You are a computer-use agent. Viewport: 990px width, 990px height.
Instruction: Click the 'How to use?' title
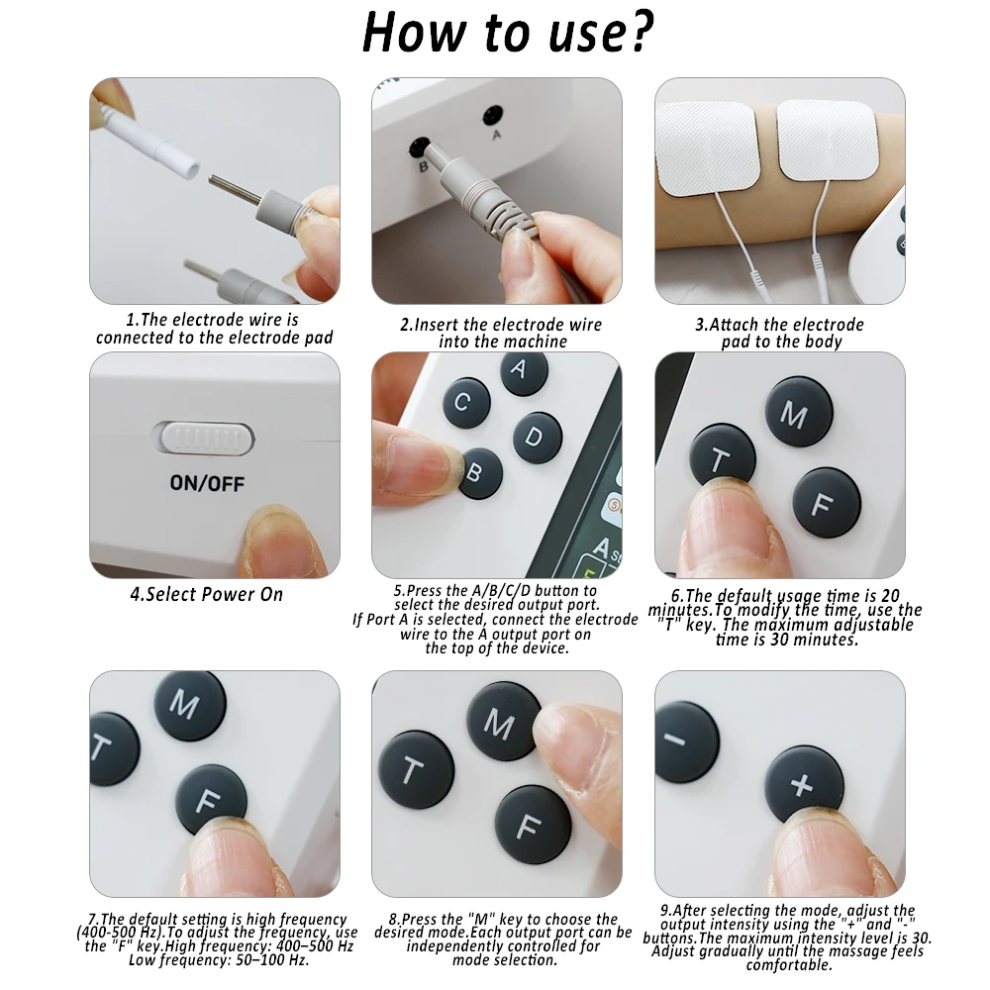point(508,34)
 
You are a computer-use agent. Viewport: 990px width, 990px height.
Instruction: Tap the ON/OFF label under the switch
point(207,484)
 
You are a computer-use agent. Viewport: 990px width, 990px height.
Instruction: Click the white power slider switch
point(203,438)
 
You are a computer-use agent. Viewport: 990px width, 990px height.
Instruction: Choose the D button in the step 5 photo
point(537,437)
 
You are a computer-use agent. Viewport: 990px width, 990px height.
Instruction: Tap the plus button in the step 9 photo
point(804,784)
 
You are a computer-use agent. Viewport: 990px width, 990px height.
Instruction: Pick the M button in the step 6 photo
point(798,412)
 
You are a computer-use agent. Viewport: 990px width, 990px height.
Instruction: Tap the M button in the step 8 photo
point(501,723)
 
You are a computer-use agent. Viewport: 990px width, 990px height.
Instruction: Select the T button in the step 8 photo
point(415,770)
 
